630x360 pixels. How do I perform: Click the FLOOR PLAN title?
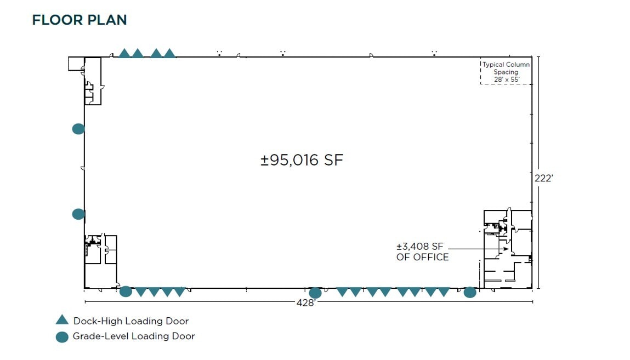click(x=80, y=20)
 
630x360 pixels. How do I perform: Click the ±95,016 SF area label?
click(x=302, y=160)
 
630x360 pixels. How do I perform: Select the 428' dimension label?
click(x=306, y=302)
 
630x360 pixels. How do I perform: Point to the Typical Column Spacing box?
click(x=506, y=72)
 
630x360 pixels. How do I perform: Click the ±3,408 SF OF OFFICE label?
click(x=422, y=252)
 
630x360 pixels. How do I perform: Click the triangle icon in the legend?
click(x=62, y=321)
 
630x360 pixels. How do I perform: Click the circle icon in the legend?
click(x=62, y=336)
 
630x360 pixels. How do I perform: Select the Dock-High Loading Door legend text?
click(x=130, y=321)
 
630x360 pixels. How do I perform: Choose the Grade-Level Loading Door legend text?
click(x=134, y=336)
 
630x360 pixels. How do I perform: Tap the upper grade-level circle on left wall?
click(x=78, y=129)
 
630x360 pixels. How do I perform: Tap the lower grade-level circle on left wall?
click(x=78, y=214)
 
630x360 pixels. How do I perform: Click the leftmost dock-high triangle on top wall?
click(x=124, y=53)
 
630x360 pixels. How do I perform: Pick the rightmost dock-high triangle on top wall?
click(x=170, y=53)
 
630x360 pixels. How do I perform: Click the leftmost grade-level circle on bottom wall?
click(x=126, y=292)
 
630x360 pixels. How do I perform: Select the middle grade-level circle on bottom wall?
click(x=315, y=293)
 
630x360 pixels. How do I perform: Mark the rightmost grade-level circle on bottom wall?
click(x=470, y=292)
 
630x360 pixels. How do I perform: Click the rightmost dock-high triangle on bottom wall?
click(x=444, y=292)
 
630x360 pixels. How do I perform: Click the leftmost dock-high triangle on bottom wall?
click(x=141, y=292)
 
